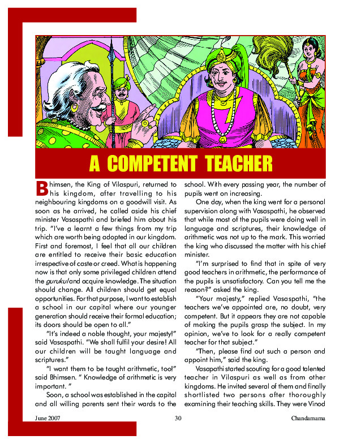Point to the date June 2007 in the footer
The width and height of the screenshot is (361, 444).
pyautogui.click(x=48, y=419)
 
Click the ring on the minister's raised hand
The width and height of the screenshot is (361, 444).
pyautogui.click(x=145, y=123)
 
